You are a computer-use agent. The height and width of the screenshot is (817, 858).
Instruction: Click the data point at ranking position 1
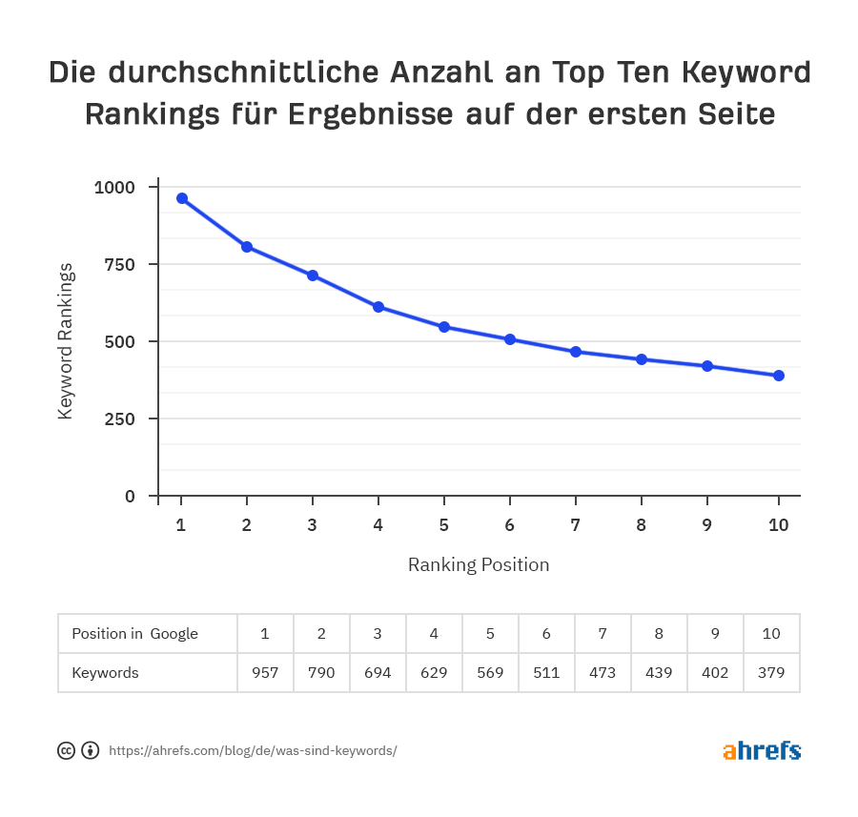click(181, 198)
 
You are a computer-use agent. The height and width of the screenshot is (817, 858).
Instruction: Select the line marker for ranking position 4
click(378, 307)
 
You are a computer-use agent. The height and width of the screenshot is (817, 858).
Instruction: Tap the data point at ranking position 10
click(779, 376)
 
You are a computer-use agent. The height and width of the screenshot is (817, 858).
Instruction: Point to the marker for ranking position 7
click(576, 352)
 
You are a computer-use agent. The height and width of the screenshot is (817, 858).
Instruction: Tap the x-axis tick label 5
click(444, 524)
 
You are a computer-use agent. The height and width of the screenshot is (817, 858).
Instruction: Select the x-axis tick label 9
click(707, 524)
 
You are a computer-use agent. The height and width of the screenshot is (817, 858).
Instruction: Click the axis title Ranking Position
click(479, 564)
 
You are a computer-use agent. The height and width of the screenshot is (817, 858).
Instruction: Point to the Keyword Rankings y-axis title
click(66, 341)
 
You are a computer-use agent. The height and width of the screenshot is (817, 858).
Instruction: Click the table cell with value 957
click(265, 672)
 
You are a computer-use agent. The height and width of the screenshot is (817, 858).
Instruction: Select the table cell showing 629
click(434, 672)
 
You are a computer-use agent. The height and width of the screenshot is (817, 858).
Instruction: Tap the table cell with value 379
click(771, 672)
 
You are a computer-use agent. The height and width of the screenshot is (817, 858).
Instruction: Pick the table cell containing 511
click(546, 672)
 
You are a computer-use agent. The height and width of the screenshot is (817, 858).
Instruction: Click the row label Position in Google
click(134, 634)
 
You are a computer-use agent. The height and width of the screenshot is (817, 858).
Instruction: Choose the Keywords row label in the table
click(105, 672)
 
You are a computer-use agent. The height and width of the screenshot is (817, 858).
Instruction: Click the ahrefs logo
click(762, 750)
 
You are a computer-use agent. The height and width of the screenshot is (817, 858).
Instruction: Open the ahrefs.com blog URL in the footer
click(253, 750)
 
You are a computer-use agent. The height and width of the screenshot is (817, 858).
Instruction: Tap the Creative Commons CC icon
click(67, 750)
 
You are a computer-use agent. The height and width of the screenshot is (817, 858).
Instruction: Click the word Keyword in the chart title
click(747, 72)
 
